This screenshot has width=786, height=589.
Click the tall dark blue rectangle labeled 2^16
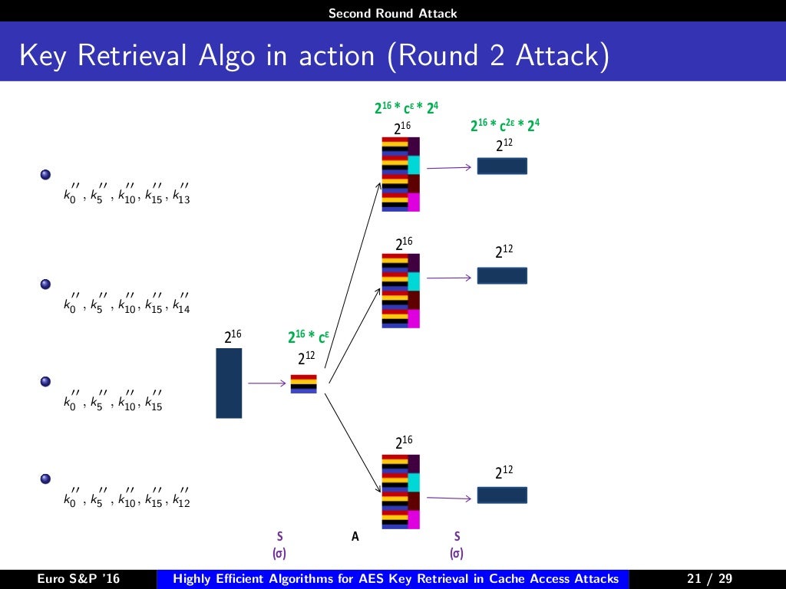click(229, 383)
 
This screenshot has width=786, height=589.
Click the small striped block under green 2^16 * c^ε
click(303, 383)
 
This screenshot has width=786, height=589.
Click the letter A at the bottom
click(355, 537)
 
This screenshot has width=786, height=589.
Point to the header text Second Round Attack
click(392, 13)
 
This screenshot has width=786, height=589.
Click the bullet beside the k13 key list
click(45, 175)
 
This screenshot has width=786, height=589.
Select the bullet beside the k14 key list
click(45, 285)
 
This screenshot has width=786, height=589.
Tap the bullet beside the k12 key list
click(45, 479)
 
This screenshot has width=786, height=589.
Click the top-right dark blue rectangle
click(502, 166)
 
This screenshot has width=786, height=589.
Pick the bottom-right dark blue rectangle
click(502, 495)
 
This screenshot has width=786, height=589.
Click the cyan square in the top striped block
click(414, 165)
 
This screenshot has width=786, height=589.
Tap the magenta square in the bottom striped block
click(414, 519)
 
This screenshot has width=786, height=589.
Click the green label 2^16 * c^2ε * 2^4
click(504, 126)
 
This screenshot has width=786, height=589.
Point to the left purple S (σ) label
click(279, 544)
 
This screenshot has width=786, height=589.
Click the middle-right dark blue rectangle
click(502, 275)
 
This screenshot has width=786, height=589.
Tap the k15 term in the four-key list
click(154, 404)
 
